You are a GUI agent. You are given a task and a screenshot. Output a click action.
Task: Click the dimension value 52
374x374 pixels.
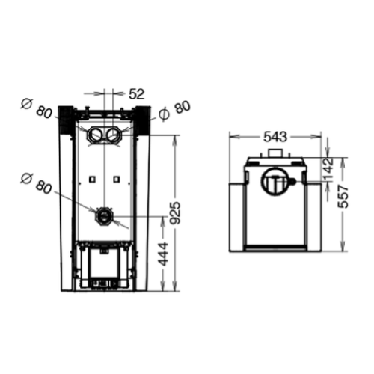(137, 93)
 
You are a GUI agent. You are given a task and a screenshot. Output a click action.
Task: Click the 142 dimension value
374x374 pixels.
(328, 167)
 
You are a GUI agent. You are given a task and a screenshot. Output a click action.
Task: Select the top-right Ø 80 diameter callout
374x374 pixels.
(174, 109)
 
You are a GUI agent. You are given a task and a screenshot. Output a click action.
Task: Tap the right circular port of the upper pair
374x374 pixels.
(114, 136)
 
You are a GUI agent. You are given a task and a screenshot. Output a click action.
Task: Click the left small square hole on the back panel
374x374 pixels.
(91, 180)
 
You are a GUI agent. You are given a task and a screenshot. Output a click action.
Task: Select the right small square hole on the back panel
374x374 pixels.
(117, 180)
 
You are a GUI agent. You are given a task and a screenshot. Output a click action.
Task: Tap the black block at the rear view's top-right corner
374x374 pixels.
(141, 115)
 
